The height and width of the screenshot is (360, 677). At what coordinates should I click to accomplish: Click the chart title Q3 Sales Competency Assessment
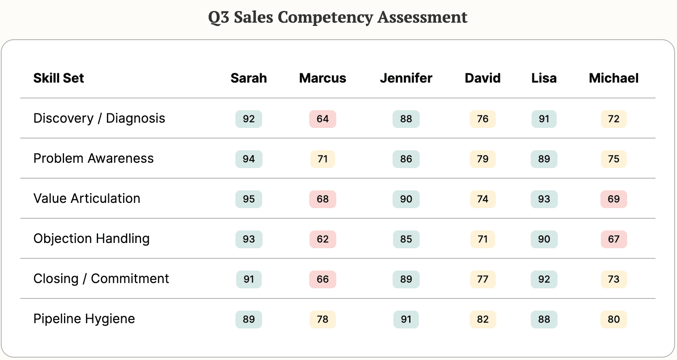pyautogui.click(x=337, y=17)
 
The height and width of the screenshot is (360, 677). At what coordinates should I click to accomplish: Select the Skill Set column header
pyautogui.click(x=58, y=78)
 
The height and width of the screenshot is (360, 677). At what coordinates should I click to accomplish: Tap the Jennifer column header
pyautogui.click(x=406, y=78)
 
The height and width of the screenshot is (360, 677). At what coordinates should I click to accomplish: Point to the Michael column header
pyautogui.click(x=613, y=78)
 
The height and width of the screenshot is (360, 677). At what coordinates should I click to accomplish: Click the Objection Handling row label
pyautogui.click(x=91, y=239)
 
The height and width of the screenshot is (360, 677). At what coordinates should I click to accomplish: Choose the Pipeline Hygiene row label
pyautogui.click(x=84, y=319)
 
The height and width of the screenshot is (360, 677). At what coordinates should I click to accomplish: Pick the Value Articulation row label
pyautogui.click(x=87, y=199)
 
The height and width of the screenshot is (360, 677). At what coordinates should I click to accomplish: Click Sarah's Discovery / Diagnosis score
pyautogui.click(x=249, y=119)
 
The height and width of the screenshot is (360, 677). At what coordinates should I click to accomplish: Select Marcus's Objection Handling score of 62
pyautogui.click(x=322, y=239)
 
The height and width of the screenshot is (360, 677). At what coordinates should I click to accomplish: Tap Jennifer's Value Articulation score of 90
pyautogui.click(x=406, y=199)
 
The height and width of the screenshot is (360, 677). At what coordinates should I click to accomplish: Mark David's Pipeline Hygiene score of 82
pyautogui.click(x=483, y=320)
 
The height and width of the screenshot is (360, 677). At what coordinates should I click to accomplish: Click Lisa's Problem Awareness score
pyautogui.click(x=544, y=159)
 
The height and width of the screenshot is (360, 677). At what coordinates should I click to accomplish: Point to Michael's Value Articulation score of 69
pyautogui.click(x=613, y=199)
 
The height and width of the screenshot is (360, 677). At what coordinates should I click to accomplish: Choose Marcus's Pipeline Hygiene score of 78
pyautogui.click(x=322, y=320)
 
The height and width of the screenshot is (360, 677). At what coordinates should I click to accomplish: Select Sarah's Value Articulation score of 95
pyautogui.click(x=249, y=199)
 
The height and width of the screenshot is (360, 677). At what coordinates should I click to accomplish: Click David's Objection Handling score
pyautogui.click(x=483, y=239)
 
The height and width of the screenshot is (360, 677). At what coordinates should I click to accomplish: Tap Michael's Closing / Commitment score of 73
pyautogui.click(x=613, y=279)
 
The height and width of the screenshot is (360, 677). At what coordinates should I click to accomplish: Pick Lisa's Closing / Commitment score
pyautogui.click(x=544, y=279)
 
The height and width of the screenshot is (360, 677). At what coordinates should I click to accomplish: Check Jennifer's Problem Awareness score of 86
pyautogui.click(x=406, y=159)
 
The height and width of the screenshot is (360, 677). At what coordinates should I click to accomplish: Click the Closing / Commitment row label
pyautogui.click(x=101, y=279)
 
